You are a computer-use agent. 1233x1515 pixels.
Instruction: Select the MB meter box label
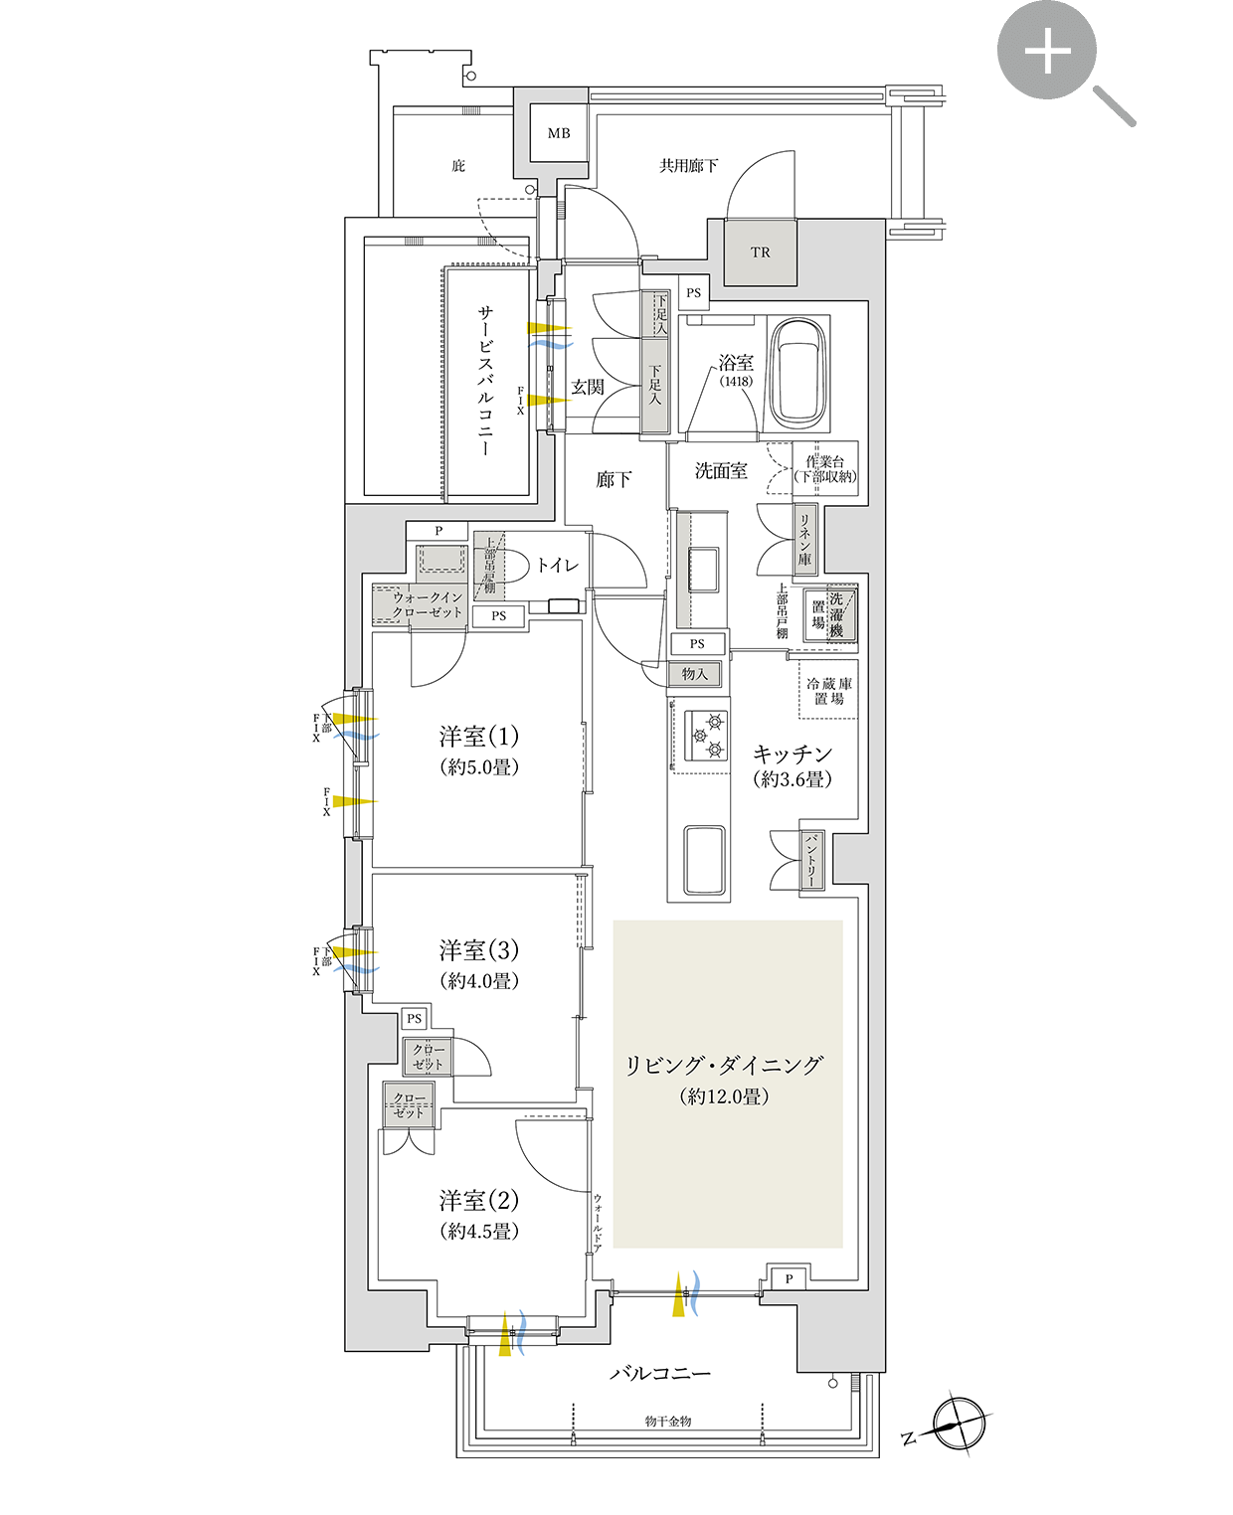[x=559, y=133]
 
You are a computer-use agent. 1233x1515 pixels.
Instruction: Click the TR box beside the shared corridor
[x=761, y=252]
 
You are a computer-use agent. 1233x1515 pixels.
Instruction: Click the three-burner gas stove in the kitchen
[x=707, y=736]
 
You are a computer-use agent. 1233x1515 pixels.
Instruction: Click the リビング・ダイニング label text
[x=724, y=1066]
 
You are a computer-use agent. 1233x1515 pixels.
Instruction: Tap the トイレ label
[x=557, y=566]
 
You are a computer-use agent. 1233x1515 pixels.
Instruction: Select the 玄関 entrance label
[x=588, y=387]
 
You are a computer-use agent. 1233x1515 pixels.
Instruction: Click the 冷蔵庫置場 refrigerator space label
[x=828, y=691]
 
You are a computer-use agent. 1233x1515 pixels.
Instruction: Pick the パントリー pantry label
[x=811, y=860]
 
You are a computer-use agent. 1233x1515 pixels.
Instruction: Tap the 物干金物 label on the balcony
[x=668, y=1422]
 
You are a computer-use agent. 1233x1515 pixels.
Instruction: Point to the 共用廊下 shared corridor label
[x=688, y=166]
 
